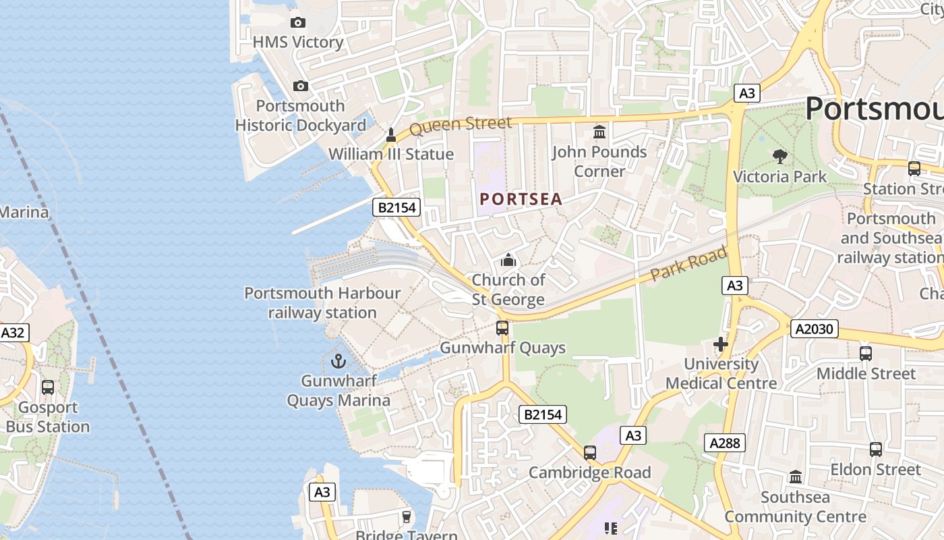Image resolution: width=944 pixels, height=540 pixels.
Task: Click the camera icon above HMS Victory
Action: click(297, 22)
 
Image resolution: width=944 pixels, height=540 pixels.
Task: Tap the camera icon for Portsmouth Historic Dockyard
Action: click(301, 86)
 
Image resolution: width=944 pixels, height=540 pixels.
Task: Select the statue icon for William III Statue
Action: click(390, 135)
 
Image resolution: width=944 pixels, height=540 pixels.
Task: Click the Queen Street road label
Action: click(461, 125)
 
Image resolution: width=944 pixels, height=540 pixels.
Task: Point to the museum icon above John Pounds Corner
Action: click(599, 132)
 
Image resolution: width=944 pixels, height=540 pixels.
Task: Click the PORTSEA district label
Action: click(521, 199)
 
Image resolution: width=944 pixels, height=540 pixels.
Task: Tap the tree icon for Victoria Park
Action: click(780, 157)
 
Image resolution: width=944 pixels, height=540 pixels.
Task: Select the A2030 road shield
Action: click(815, 329)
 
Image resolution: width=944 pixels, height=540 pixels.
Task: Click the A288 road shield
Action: click(726, 443)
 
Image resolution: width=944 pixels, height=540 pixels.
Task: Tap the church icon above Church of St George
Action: click(508, 260)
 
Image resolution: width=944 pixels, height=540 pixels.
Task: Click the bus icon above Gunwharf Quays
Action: click(502, 328)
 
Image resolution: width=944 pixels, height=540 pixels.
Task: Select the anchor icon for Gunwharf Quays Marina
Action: click(338, 361)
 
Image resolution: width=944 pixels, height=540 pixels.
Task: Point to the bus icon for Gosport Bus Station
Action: click(48, 387)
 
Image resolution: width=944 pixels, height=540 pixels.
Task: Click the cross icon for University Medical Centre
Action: click(721, 344)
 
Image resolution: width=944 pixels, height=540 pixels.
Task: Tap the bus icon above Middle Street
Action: click(866, 353)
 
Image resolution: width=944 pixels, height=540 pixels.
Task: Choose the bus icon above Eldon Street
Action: click(875, 449)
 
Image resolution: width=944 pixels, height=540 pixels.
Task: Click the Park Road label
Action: click(689, 264)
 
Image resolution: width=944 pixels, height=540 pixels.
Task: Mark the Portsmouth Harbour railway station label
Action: click(322, 303)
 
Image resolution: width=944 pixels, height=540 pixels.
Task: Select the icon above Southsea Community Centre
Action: click(796, 477)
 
